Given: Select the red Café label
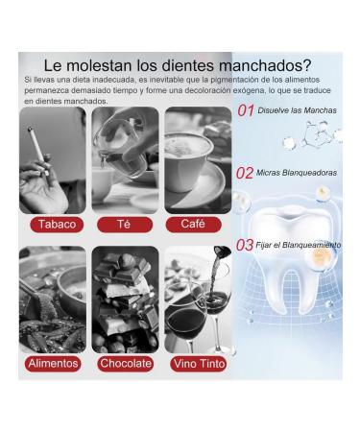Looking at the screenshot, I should (x=192, y=224).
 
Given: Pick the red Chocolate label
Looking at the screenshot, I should (x=125, y=364).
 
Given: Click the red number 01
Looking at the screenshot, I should (x=248, y=111).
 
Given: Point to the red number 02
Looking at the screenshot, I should (x=247, y=174).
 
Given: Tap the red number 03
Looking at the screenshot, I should (x=247, y=245).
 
